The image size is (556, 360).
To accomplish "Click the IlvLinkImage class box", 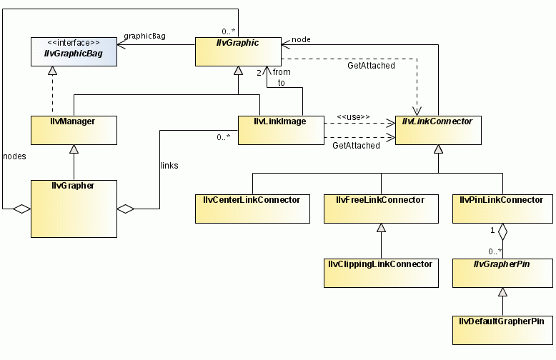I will coord(280,129).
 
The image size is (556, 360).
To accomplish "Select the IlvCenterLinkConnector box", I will coord(252,208).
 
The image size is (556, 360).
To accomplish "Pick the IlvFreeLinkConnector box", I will coord(381,208).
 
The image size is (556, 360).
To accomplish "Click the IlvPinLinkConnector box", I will coord(502,208).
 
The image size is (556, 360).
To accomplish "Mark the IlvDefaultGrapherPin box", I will coord(502,329).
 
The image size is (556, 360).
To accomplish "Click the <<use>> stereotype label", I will coord(354,116).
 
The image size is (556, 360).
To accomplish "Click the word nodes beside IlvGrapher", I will coord(15,155).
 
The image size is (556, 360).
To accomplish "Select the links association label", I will coord(169,165).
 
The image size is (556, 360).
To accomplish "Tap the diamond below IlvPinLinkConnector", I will coord(502,231).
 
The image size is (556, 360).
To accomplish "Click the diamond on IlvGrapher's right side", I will coord(126,209).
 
